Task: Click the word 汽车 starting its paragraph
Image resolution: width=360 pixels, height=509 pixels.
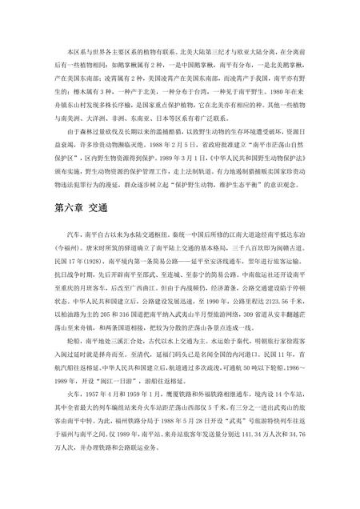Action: [x=69, y=237]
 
